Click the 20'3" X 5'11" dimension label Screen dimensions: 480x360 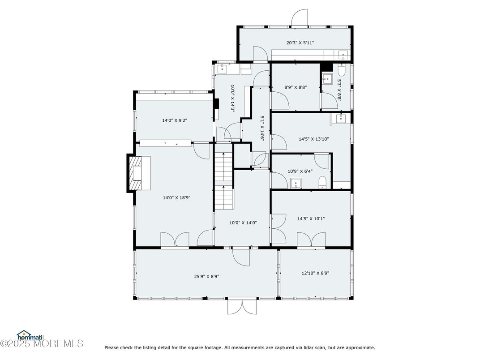coord(300,43)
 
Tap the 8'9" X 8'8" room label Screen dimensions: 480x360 coord(296,87)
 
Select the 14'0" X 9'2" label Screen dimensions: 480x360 coord(175,120)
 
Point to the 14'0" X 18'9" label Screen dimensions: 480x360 coord(176,198)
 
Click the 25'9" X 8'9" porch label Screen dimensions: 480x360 coord(206,276)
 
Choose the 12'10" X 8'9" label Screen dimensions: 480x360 coord(315,273)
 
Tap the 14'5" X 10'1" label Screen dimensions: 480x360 coord(311,219)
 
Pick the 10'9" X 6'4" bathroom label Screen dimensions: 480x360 coord(300,171)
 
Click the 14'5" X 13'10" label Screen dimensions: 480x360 coord(314,139)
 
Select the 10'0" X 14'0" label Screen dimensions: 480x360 coord(243,223)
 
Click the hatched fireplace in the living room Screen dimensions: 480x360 coord(135,174)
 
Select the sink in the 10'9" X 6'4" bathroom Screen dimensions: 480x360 coord(296,184)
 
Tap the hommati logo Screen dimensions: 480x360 coord(30,335)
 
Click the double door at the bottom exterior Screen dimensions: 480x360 coord(242,307)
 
